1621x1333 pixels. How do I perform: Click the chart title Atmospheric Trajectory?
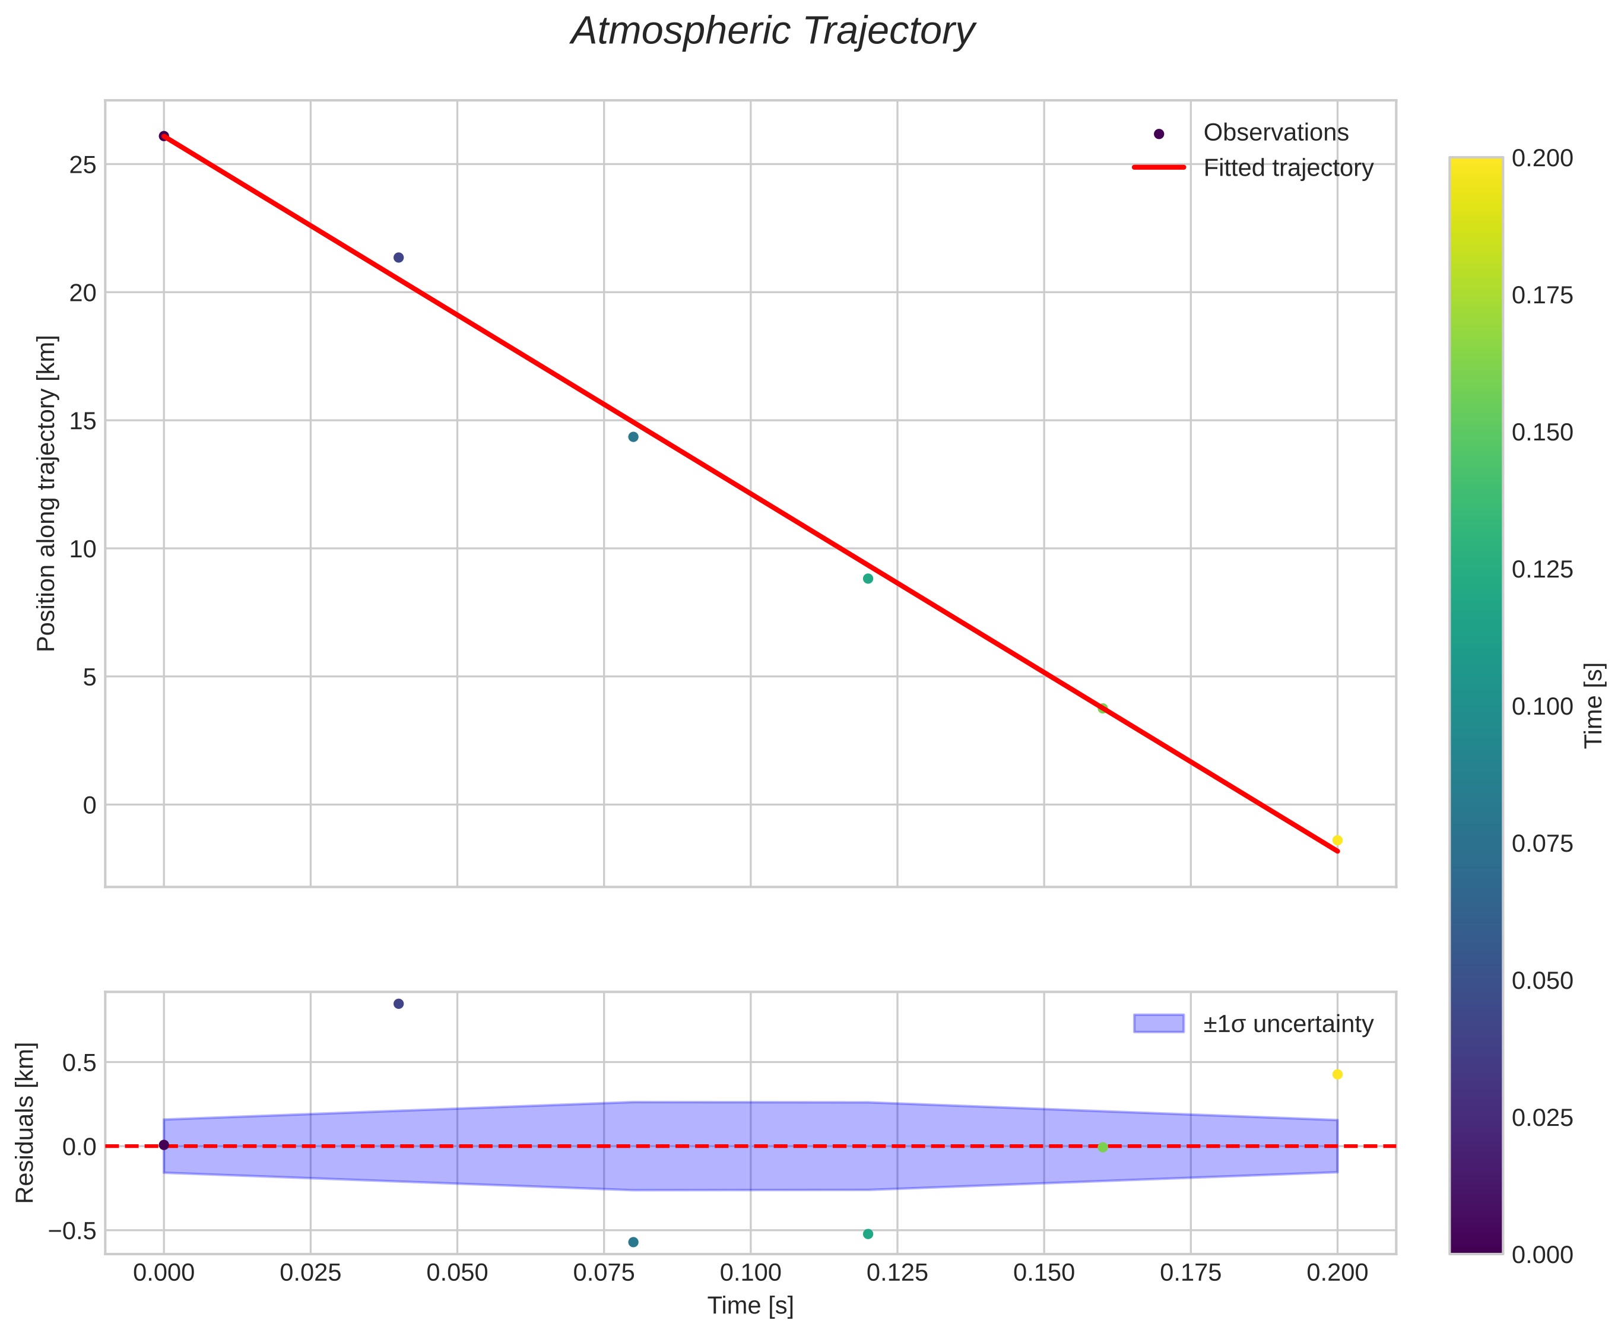click(x=772, y=32)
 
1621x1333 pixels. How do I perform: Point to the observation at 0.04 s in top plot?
click(x=398, y=257)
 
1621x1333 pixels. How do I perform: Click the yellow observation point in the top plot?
click(x=1337, y=840)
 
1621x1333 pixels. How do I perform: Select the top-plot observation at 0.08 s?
click(x=633, y=437)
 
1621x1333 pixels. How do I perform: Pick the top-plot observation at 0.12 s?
click(x=868, y=578)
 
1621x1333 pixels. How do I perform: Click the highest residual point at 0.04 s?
click(x=398, y=1004)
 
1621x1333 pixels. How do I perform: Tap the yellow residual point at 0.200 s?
click(x=1337, y=1074)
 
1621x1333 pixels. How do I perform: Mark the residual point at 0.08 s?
click(x=633, y=1242)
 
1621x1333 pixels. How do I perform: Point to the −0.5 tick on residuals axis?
click(x=73, y=1231)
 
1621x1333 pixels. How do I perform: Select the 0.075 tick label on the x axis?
click(x=604, y=1273)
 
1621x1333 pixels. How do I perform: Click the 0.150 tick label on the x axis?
click(x=1044, y=1273)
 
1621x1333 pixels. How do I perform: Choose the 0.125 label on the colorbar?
click(x=1542, y=570)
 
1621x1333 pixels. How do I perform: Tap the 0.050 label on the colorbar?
click(x=1542, y=980)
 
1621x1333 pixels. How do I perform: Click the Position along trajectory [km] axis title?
click(x=47, y=493)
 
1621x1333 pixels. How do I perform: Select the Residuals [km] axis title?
click(x=26, y=1123)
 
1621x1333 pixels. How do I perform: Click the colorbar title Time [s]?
click(x=1594, y=706)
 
